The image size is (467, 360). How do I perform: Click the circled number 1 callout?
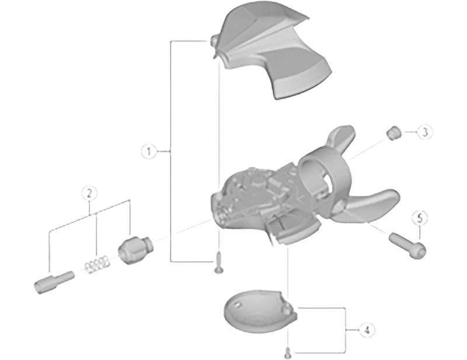click(149, 152)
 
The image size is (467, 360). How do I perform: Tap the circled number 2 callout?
click(90, 193)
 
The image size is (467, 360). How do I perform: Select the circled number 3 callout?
click(425, 132)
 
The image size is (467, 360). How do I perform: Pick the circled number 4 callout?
click(367, 330)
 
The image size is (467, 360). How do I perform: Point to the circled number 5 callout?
click(420, 218)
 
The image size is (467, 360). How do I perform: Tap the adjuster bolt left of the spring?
click(54, 282)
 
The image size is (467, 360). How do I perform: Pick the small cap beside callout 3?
click(393, 133)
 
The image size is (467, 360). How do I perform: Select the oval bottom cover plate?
click(260, 311)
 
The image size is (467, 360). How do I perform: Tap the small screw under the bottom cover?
click(288, 353)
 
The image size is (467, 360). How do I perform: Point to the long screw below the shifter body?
click(219, 263)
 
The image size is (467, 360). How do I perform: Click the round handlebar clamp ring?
click(325, 178)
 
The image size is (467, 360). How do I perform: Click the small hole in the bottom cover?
click(238, 305)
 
